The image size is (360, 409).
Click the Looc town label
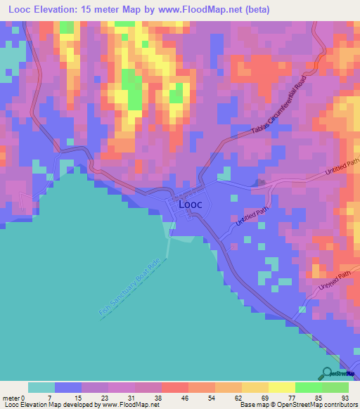[x=191, y=204]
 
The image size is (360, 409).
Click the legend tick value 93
[x=345, y=397]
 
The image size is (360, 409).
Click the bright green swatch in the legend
[x=309, y=387]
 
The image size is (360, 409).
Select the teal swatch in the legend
[x=41, y=387]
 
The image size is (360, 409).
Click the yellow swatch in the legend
[x=282, y=387]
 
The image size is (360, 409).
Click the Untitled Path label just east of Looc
[x=252, y=215]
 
